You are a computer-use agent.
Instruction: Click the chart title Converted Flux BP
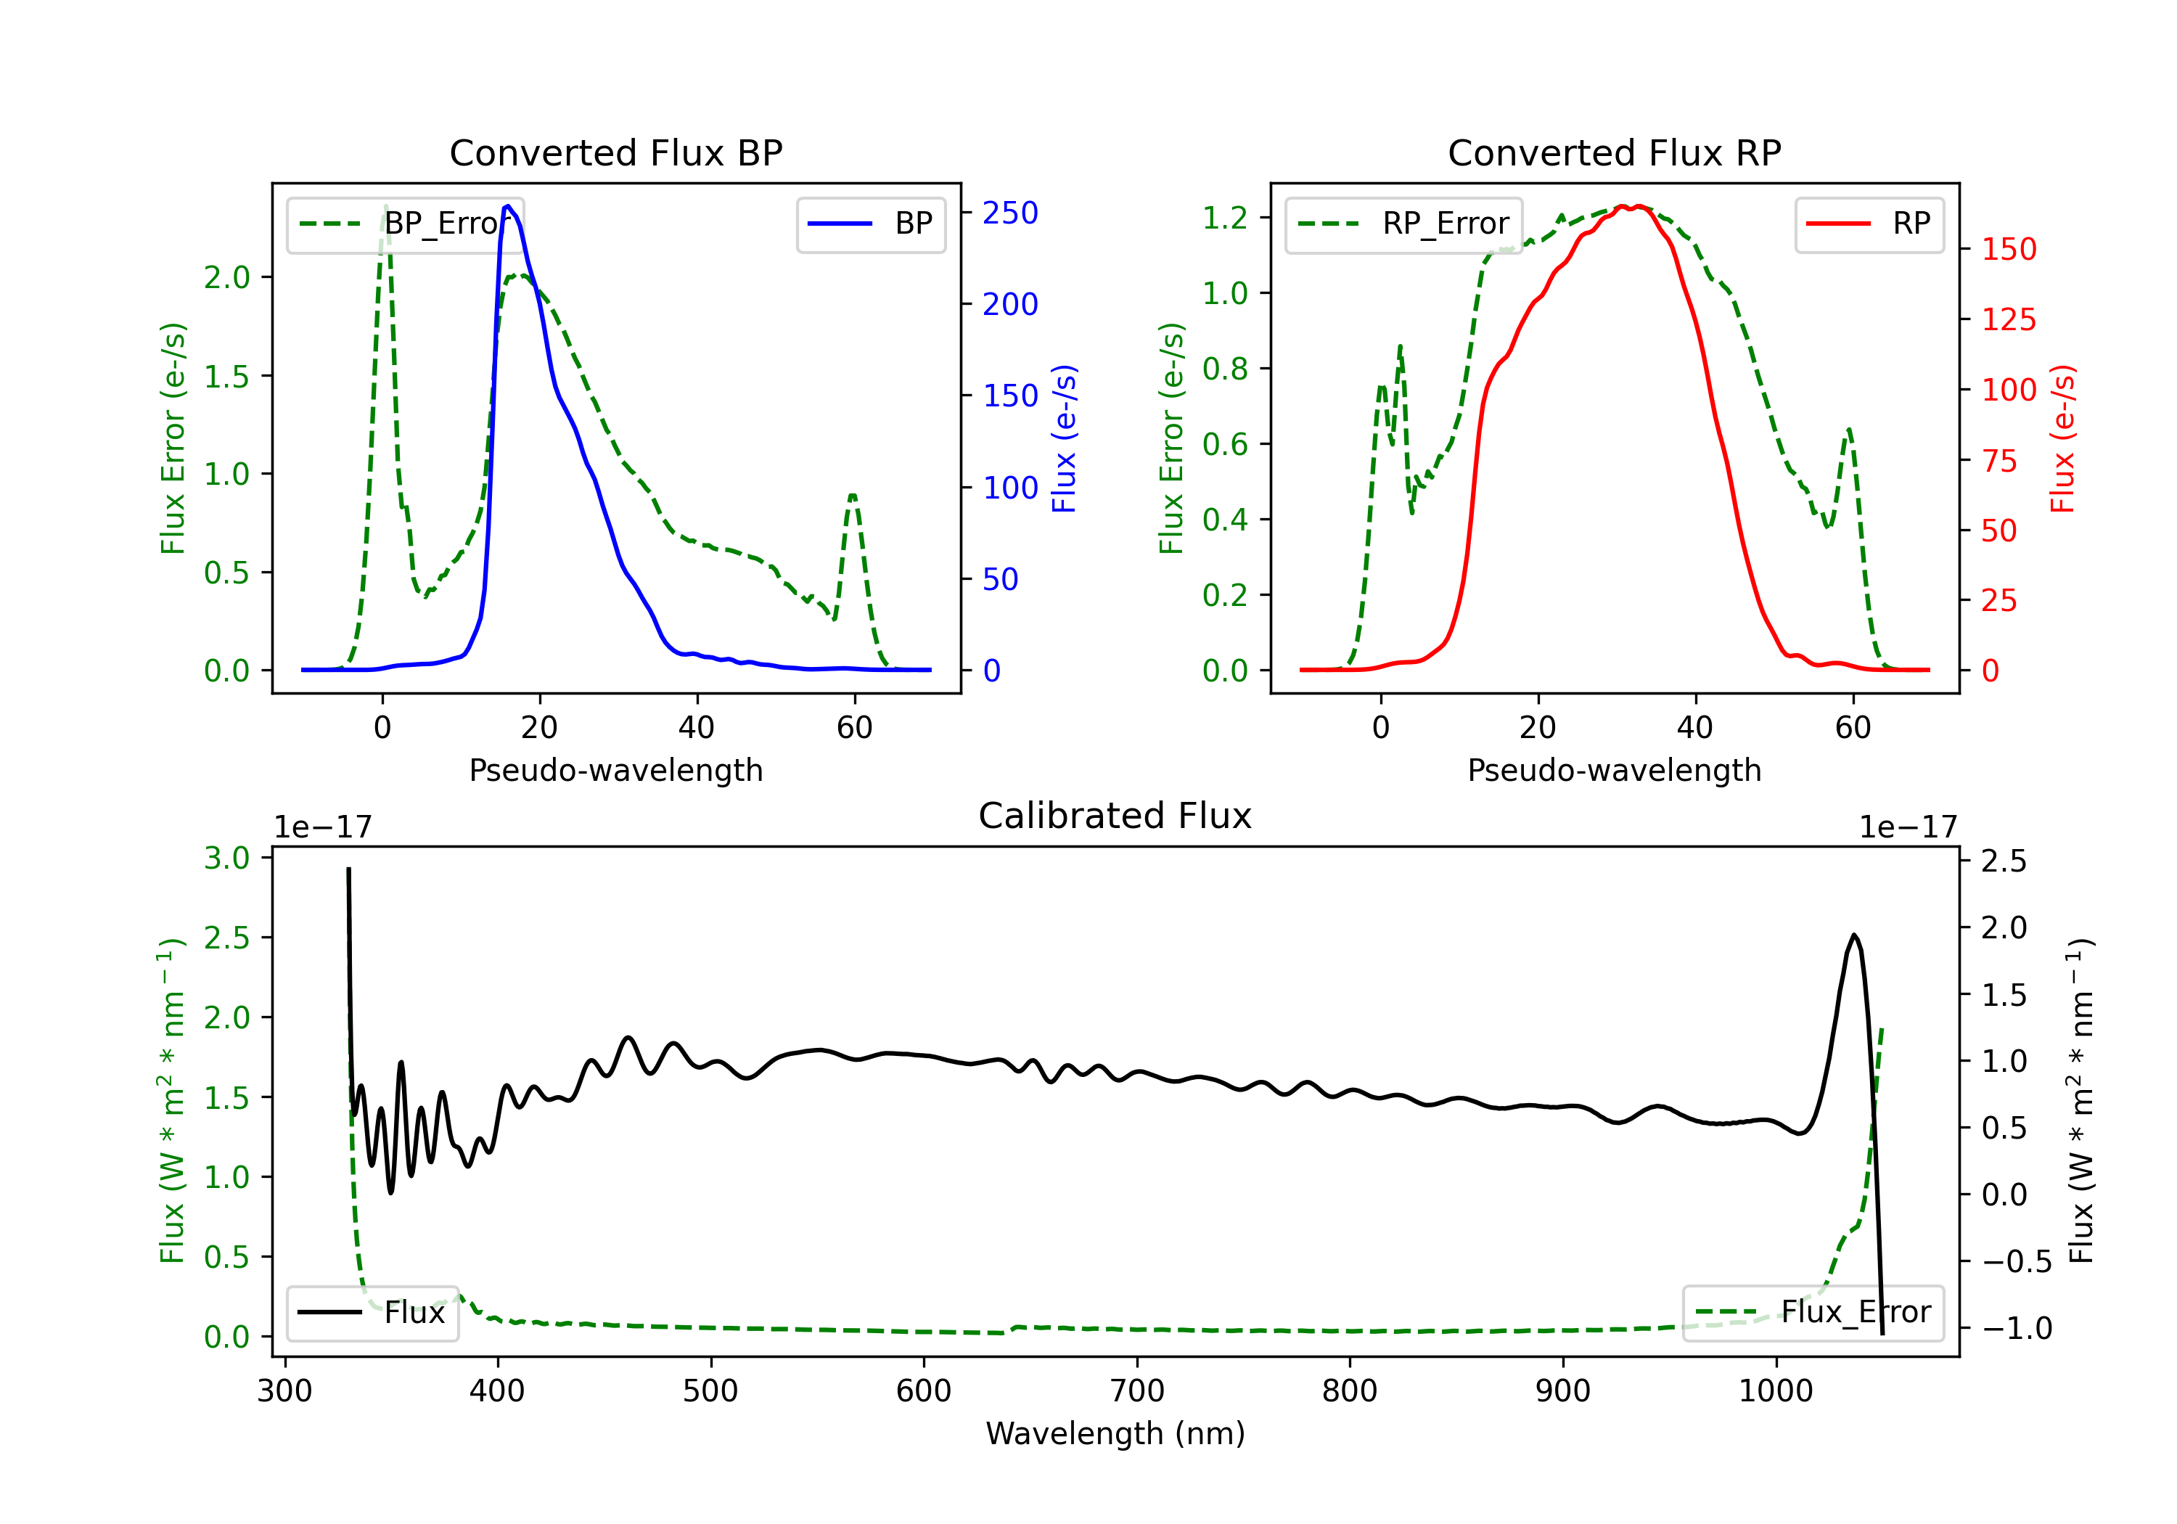click(615, 152)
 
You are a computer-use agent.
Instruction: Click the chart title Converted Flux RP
click(1614, 152)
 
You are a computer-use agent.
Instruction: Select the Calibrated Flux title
click(1115, 816)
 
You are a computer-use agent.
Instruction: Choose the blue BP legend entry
click(870, 224)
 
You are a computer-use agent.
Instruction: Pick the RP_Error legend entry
click(1403, 224)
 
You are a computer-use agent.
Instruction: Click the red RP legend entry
click(1869, 224)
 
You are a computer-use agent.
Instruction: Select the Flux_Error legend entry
click(1813, 1313)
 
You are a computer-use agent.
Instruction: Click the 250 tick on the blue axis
click(1010, 213)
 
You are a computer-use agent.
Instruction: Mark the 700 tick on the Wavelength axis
click(1137, 1391)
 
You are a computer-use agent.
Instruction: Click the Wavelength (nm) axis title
click(1115, 1433)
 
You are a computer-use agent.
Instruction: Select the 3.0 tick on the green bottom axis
click(226, 859)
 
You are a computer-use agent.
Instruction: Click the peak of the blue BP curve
click(508, 206)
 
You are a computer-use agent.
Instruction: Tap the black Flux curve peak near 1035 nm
click(1853, 935)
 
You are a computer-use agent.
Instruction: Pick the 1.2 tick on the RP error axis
click(1225, 217)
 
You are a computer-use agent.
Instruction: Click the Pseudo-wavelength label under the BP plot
click(616, 770)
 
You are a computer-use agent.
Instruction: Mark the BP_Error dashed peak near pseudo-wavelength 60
click(853, 495)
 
